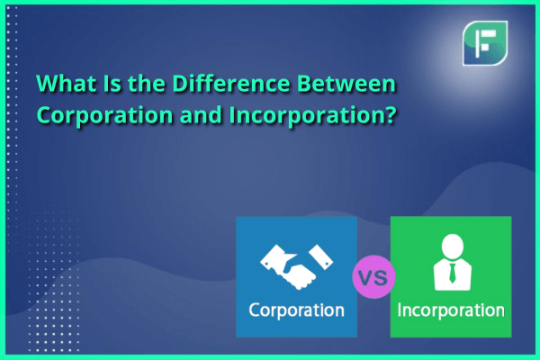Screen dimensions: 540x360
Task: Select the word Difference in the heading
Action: coord(230,84)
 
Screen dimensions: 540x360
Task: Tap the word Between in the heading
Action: coord(346,84)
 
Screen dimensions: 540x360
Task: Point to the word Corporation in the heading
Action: coord(104,115)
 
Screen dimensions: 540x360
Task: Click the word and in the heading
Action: coord(201,114)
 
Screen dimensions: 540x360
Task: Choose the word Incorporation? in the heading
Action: coord(313,115)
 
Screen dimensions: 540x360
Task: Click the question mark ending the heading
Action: coord(391,114)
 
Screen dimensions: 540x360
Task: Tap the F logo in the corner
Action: coord(485,43)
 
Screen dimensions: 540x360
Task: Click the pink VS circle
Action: coord(373,276)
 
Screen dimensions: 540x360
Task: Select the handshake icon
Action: coord(296,266)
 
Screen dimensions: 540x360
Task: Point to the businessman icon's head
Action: coord(452,246)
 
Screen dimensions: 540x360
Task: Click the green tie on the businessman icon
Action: coord(452,274)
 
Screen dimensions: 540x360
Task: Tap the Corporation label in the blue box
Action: coord(296,310)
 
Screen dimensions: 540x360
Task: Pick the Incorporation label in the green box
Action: coord(451,310)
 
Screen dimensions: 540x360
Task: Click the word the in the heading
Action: coord(147,84)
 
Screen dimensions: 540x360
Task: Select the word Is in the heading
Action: coord(112,84)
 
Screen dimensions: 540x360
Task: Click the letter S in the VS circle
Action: coord(381,277)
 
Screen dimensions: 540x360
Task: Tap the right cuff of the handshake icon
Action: coord(321,256)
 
